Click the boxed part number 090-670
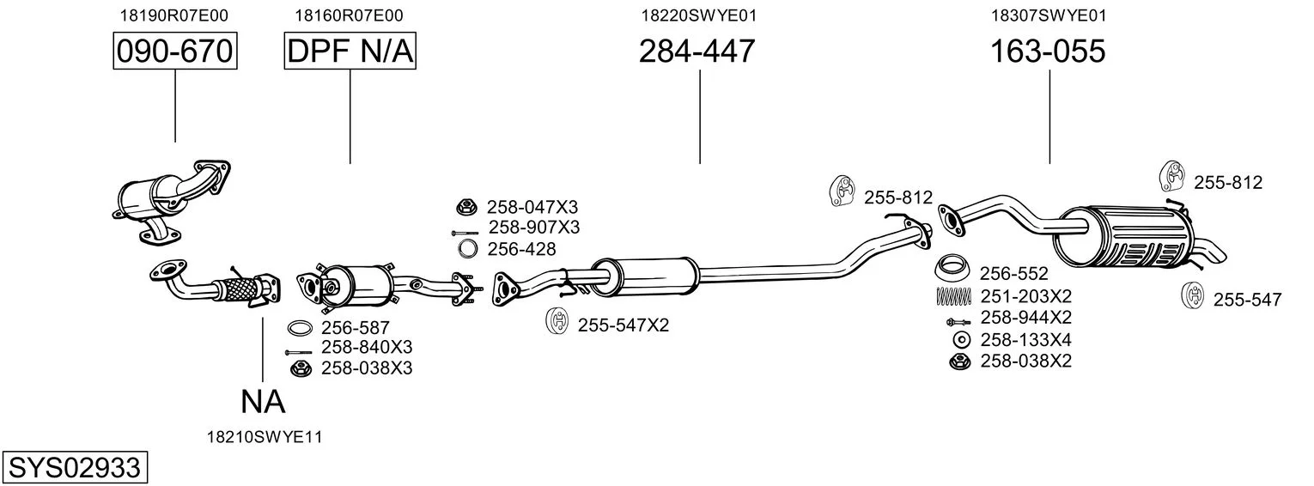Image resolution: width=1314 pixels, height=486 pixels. pos(175,51)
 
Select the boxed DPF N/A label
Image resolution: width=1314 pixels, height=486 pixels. pos(350,51)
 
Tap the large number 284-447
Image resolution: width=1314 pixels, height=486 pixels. pos(697,51)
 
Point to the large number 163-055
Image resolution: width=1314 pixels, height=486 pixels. pos(1048,51)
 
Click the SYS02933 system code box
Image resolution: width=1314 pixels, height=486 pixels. pos(75,467)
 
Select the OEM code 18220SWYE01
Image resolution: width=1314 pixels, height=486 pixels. pos(698,15)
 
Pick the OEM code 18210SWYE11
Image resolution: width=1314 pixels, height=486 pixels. pos(265,437)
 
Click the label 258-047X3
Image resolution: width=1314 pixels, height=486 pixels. pos(532,207)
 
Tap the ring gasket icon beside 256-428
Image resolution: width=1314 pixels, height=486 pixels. pos(467,248)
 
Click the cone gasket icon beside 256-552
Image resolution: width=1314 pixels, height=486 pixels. pos(952,269)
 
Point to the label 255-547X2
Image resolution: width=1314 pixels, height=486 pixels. pos(623,325)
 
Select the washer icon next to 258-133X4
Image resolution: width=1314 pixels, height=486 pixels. pos(961,340)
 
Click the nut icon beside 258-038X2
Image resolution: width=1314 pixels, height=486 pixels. pos(959,361)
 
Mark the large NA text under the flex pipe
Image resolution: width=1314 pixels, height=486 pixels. pos(263,402)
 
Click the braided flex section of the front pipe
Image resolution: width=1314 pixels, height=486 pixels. pos(240,289)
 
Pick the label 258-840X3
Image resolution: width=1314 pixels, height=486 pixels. pos(367,347)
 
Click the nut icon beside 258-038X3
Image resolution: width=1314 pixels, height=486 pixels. pos(300,368)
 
